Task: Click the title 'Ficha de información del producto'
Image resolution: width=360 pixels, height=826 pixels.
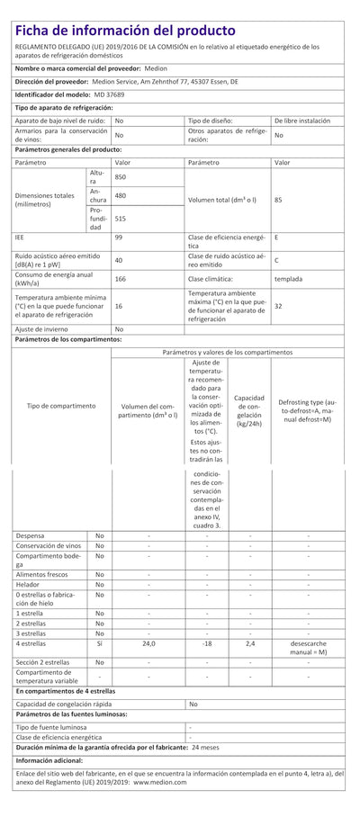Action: point(126,31)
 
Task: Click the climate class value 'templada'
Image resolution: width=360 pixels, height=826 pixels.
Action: point(287,280)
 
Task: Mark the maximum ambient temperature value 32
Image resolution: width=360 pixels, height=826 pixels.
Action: point(278,306)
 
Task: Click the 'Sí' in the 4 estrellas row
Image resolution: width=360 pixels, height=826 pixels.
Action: point(99,643)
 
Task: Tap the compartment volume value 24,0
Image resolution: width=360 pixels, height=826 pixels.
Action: point(148,643)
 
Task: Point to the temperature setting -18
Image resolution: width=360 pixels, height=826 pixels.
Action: point(206,643)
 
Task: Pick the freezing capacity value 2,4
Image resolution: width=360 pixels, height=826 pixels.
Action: point(249,643)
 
